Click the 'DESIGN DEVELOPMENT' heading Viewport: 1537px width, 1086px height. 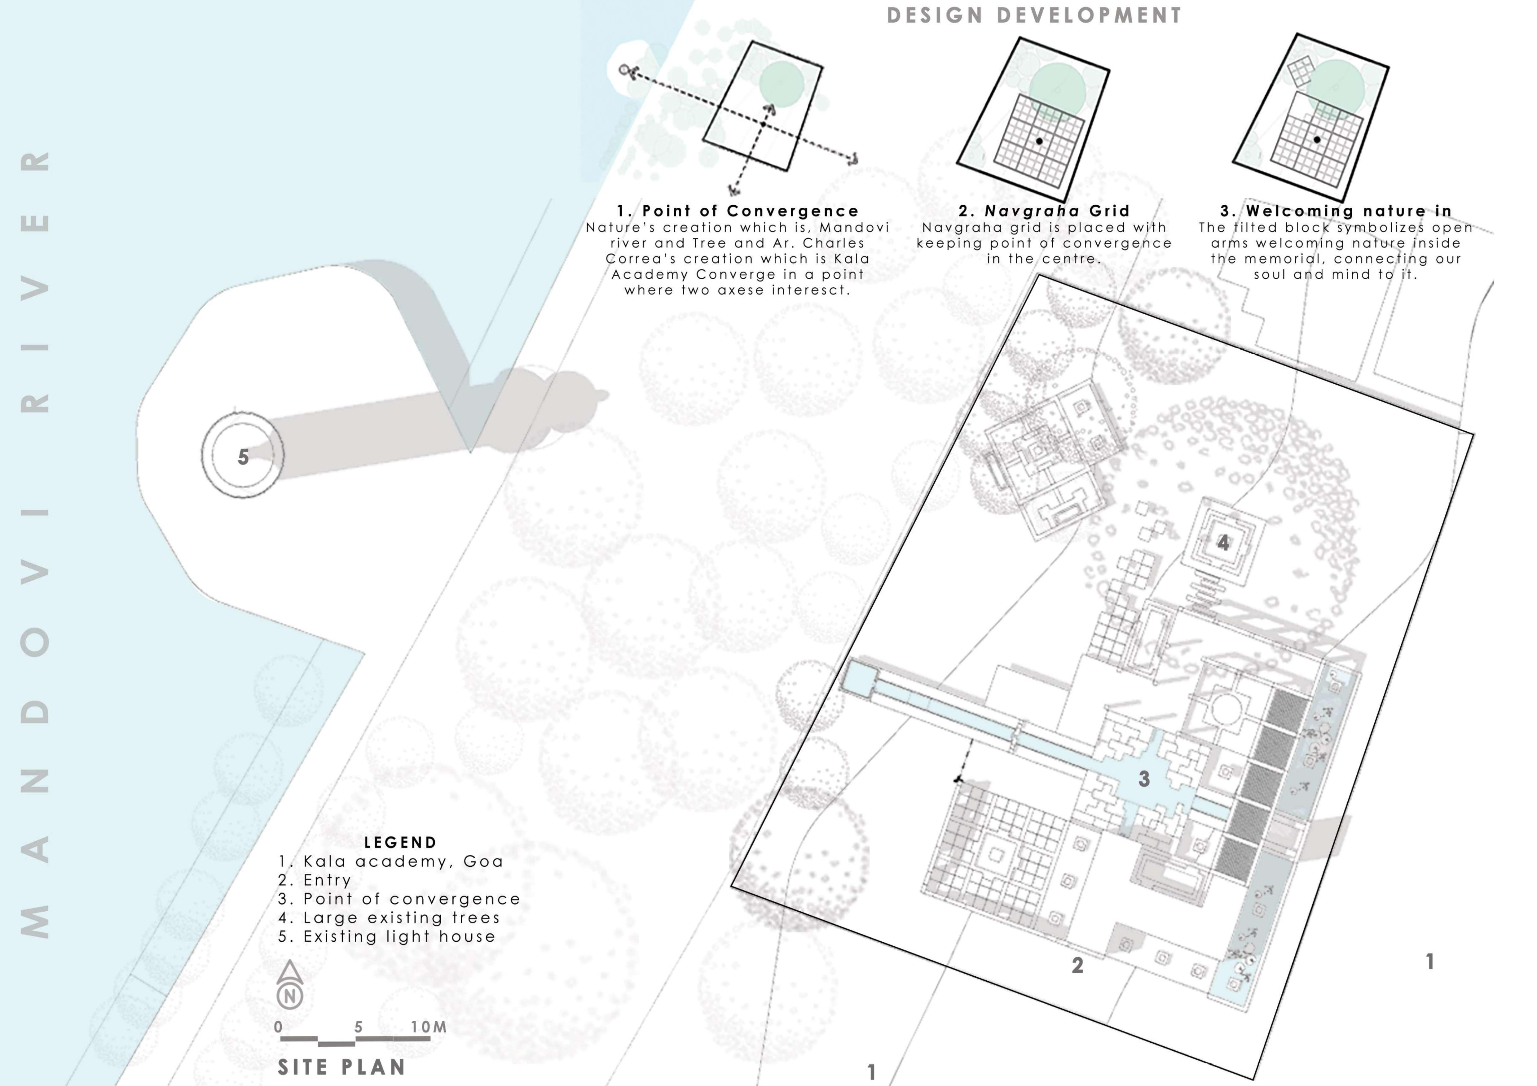[1034, 15]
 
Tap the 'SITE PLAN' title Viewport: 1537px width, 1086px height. [341, 1066]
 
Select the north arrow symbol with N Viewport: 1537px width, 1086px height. [290, 985]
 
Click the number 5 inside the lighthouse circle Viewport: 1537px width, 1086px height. [243, 457]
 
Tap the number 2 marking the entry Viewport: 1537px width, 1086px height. [1077, 965]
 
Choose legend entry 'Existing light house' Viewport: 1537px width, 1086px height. [387, 936]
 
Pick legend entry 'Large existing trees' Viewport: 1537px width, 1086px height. [389, 917]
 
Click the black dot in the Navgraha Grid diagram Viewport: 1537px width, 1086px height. [1039, 141]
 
